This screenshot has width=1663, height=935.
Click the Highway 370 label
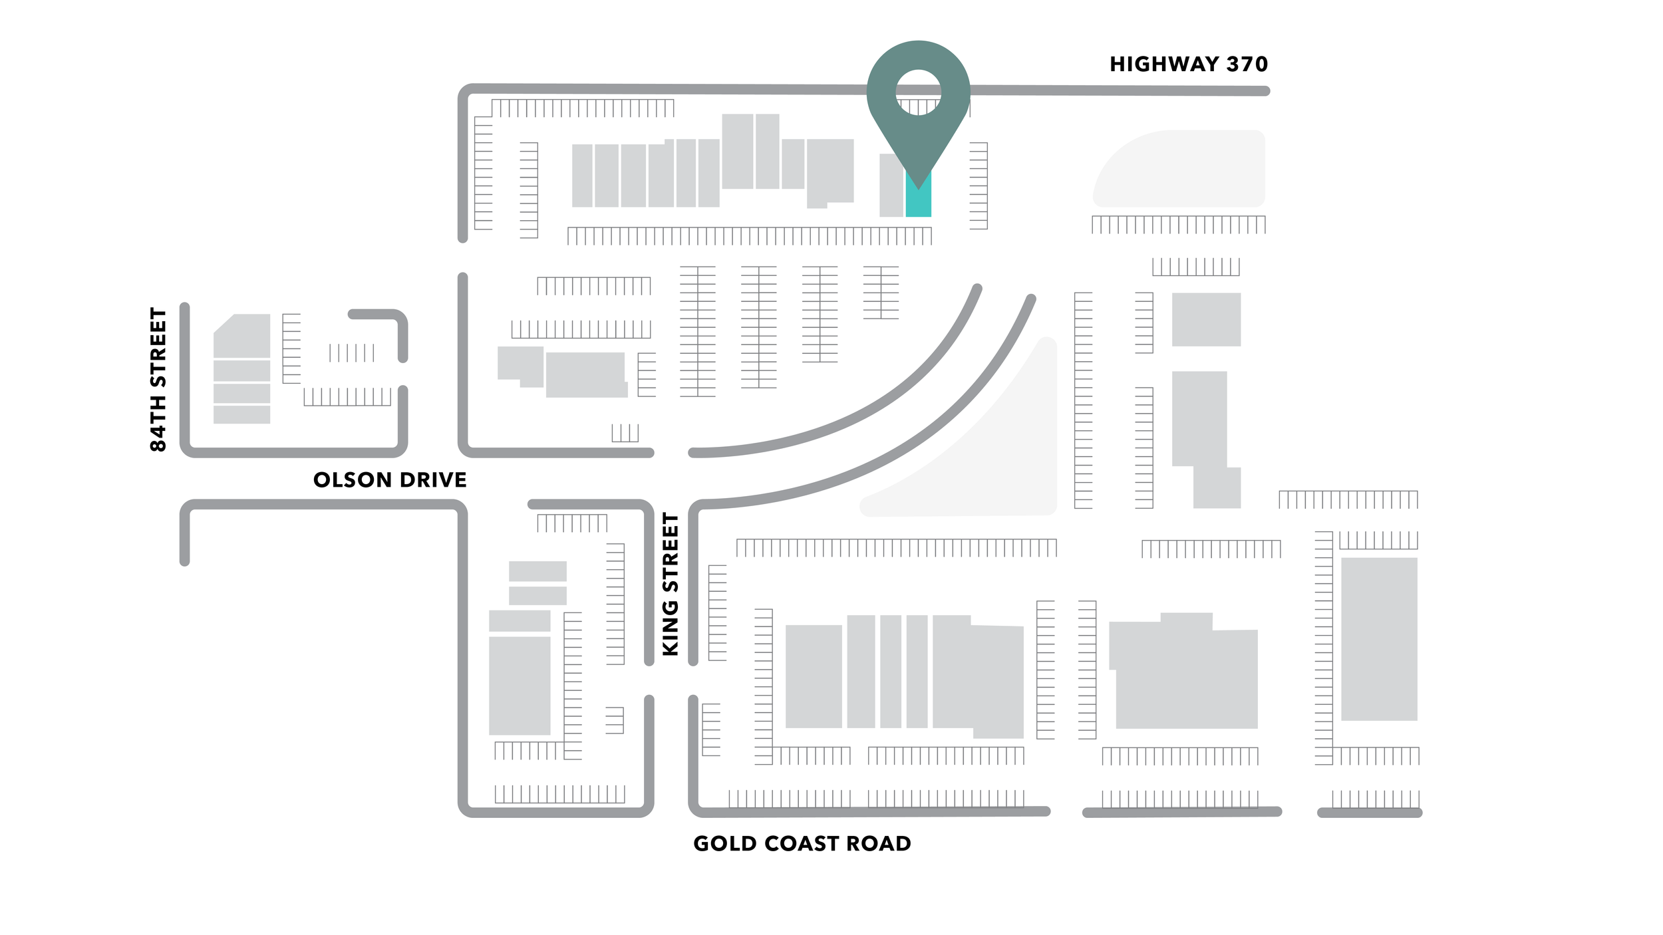(x=1188, y=65)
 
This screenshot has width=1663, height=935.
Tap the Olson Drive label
(x=390, y=480)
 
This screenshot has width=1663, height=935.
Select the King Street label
(x=671, y=584)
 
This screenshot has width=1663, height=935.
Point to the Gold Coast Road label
(x=802, y=844)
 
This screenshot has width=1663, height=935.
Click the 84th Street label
(x=158, y=379)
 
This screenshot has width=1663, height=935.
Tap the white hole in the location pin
(x=918, y=92)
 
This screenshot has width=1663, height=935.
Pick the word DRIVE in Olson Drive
(x=433, y=480)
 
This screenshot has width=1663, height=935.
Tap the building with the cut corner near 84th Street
(x=242, y=336)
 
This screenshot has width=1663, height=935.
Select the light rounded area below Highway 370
(x=1184, y=170)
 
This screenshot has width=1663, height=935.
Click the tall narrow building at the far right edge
(x=1378, y=639)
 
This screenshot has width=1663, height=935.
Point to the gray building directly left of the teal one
(x=891, y=186)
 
